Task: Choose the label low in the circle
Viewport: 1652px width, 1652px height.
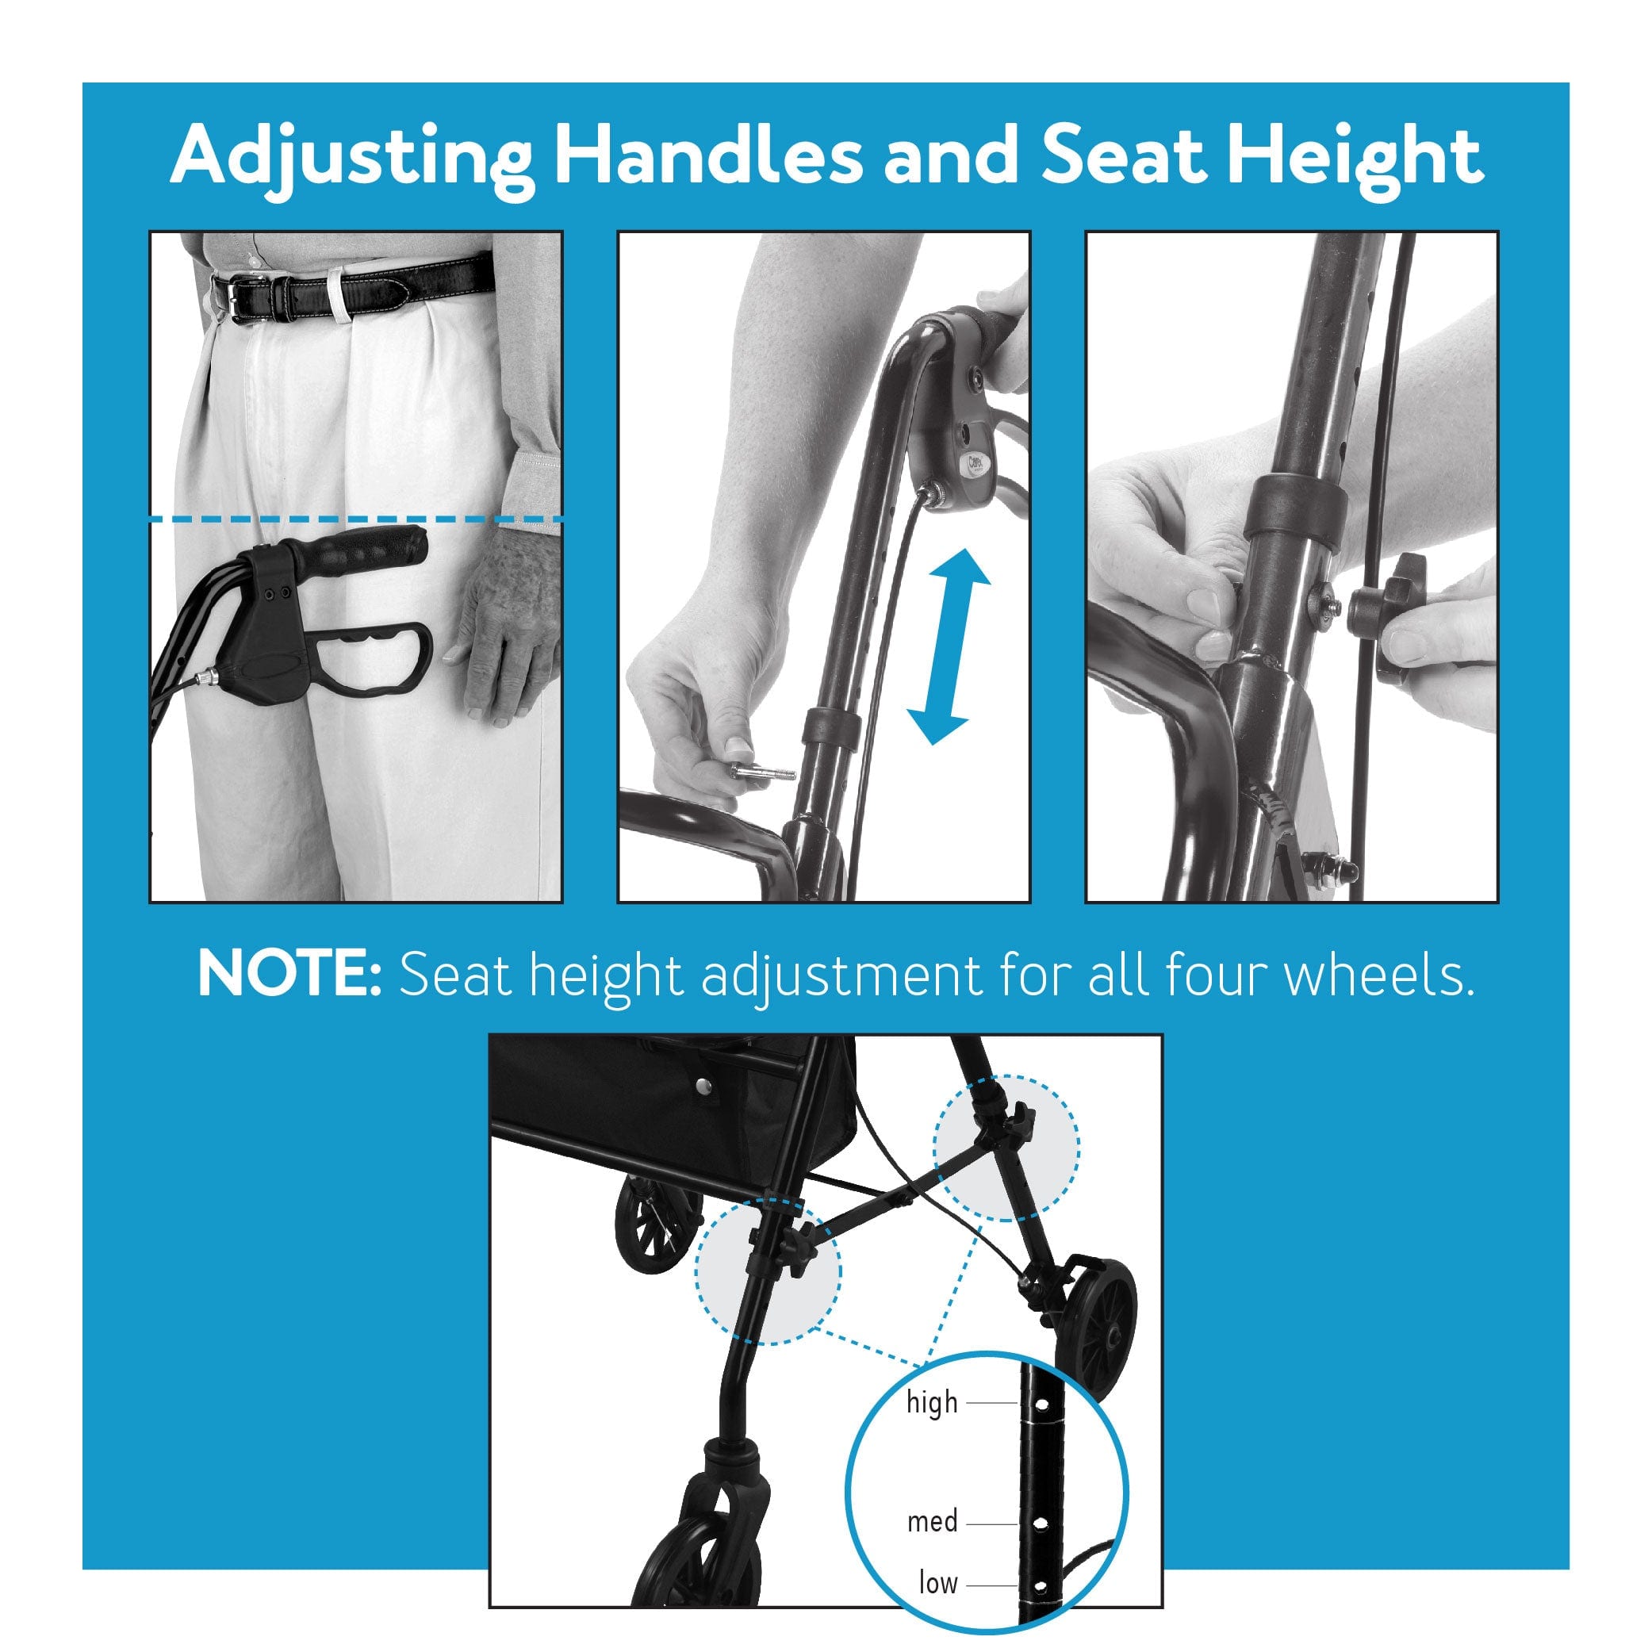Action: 938,1583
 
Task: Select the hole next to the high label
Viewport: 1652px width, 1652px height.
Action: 1041,1404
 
